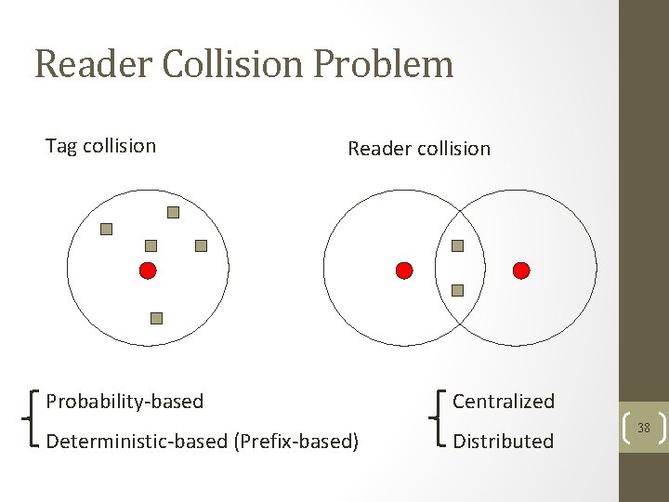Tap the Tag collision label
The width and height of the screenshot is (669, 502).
tap(100, 146)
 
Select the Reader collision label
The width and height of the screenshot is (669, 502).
tap(418, 149)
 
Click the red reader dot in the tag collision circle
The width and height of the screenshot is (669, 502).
tap(147, 271)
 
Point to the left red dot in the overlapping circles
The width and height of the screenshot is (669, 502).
tap(403, 271)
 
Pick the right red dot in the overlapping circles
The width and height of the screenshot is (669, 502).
tap(521, 271)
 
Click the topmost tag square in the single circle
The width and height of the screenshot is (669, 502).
tap(173, 212)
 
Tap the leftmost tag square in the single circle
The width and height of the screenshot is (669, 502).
tap(106, 229)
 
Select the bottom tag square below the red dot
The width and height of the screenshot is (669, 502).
tap(156, 318)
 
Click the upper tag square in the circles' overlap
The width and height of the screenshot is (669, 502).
tap(457, 246)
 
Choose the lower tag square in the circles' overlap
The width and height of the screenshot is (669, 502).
tap(457, 290)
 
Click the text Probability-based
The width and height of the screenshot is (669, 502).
tap(125, 402)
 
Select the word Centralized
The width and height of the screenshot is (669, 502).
tap(503, 402)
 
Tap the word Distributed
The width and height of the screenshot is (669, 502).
tap(503, 441)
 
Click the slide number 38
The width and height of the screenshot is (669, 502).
tap(643, 429)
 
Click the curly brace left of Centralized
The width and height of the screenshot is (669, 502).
tap(439, 420)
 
